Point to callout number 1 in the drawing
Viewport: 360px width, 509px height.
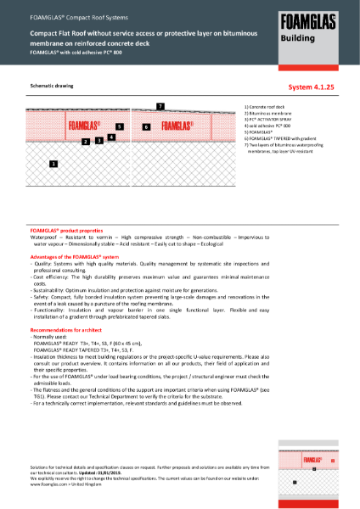pyautogui.click(x=54, y=163)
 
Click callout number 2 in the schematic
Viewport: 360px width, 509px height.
pyautogui.click(x=86, y=142)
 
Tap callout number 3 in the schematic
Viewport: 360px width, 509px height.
pyautogui.click(x=99, y=140)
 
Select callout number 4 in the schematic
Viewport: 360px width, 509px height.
pyautogui.click(x=111, y=136)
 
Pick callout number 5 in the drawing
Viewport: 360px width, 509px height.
pyautogui.click(x=121, y=126)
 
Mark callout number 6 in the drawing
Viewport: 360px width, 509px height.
pyautogui.click(x=146, y=126)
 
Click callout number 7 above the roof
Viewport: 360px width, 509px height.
pyautogui.click(x=160, y=105)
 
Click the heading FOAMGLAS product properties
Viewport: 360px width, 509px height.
pyautogui.click(x=66, y=230)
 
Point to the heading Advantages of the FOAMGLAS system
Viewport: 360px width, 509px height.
pyautogui.click(x=76, y=256)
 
